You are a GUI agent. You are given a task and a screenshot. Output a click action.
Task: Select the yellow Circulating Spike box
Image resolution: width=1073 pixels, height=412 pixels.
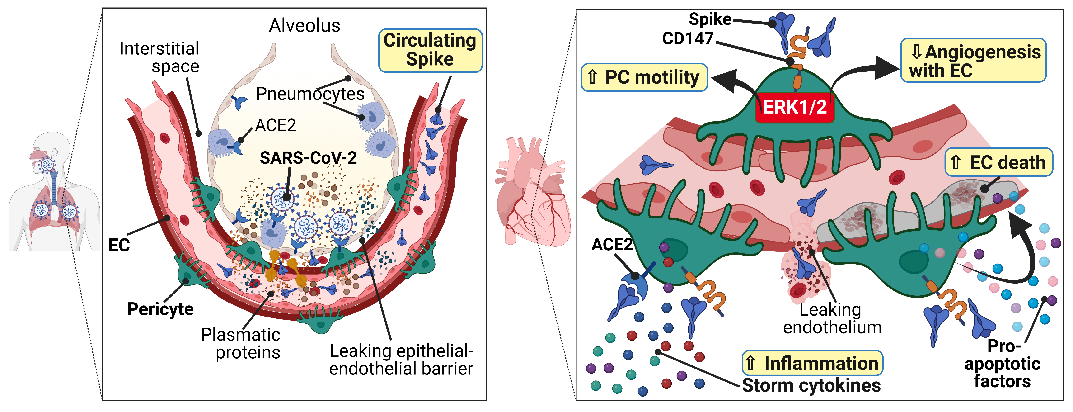tap(430, 50)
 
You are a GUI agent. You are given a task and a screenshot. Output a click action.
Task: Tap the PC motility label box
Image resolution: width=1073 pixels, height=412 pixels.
tap(644, 77)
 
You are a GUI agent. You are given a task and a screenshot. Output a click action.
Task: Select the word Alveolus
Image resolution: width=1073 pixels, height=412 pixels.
tap(305, 26)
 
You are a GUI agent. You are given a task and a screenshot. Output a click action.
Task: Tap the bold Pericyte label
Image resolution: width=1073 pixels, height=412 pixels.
tap(160, 309)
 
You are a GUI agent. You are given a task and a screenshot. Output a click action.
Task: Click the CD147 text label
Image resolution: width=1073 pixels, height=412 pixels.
tap(688, 39)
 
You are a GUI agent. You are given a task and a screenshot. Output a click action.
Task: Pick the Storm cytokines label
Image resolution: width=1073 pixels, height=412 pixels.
tap(811, 385)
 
